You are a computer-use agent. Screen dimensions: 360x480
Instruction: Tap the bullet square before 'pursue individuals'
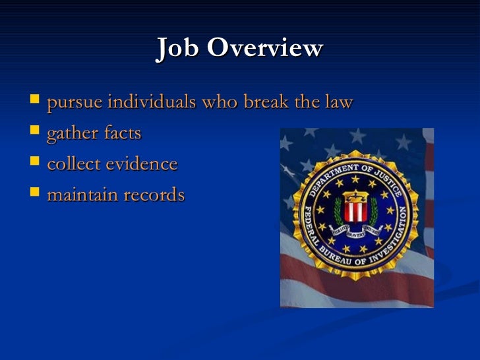(35, 102)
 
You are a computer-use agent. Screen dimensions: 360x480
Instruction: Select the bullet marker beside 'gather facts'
(35, 133)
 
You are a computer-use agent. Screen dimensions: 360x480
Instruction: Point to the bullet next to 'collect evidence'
(35, 164)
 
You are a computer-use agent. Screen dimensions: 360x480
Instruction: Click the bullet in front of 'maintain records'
(35, 195)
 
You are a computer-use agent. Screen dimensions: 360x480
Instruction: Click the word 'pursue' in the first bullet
(75, 104)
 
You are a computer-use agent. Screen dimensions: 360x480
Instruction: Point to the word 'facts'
(122, 133)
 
